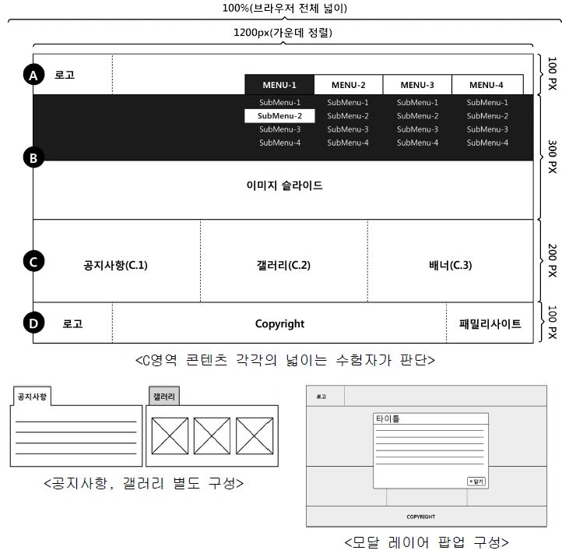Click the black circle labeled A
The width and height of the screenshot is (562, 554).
point(33,75)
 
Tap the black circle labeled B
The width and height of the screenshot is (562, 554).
point(33,158)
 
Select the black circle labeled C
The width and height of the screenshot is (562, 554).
point(33,262)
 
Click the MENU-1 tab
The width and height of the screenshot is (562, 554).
point(279,85)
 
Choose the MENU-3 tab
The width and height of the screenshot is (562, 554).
point(417,85)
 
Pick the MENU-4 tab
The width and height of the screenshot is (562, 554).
point(486,85)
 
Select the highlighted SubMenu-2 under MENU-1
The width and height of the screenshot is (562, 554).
point(279,116)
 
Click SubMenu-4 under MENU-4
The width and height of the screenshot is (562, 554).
point(487,143)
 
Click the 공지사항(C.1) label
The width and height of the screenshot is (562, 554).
point(115,265)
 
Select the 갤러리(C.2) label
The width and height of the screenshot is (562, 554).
point(283,265)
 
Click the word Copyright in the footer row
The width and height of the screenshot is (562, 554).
point(279,323)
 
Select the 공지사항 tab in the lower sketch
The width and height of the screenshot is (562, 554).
point(32,397)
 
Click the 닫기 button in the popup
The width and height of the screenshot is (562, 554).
point(476,481)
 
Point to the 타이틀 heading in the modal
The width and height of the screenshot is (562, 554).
point(388,418)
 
